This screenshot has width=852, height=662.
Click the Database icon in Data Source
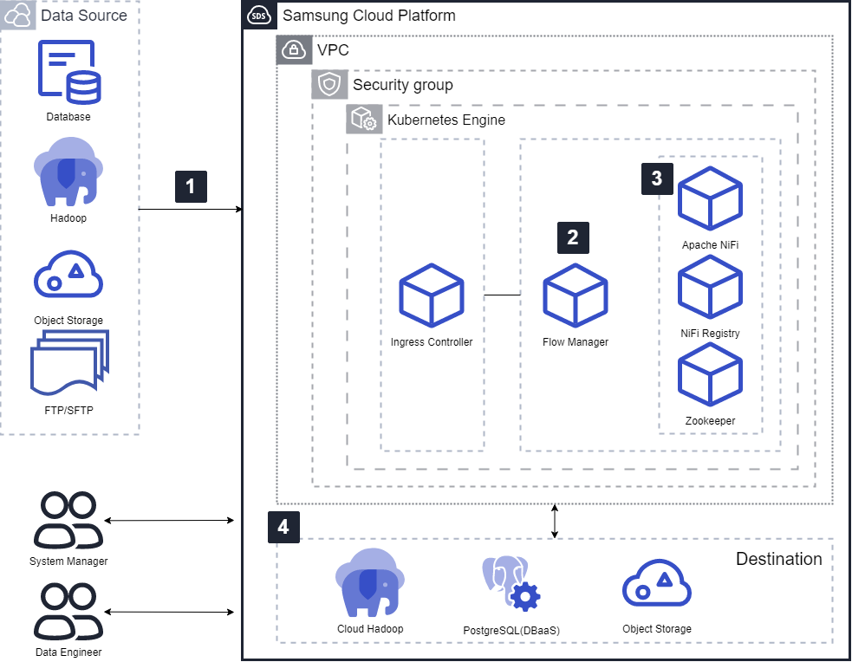click(68, 72)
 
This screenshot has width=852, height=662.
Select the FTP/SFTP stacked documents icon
click(68, 367)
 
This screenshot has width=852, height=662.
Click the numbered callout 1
click(191, 186)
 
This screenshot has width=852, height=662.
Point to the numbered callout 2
click(572, 237)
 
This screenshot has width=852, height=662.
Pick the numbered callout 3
click(656, 178)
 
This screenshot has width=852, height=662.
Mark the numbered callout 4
click(283, 526)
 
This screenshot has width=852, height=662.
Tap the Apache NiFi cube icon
click(710, 201)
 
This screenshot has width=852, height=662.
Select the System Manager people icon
click(68, 521)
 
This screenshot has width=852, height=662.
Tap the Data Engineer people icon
click(68, 611)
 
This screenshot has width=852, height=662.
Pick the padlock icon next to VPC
click(294, 49)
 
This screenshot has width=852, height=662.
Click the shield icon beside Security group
click(329, 85)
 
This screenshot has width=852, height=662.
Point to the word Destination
click(778, 559)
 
